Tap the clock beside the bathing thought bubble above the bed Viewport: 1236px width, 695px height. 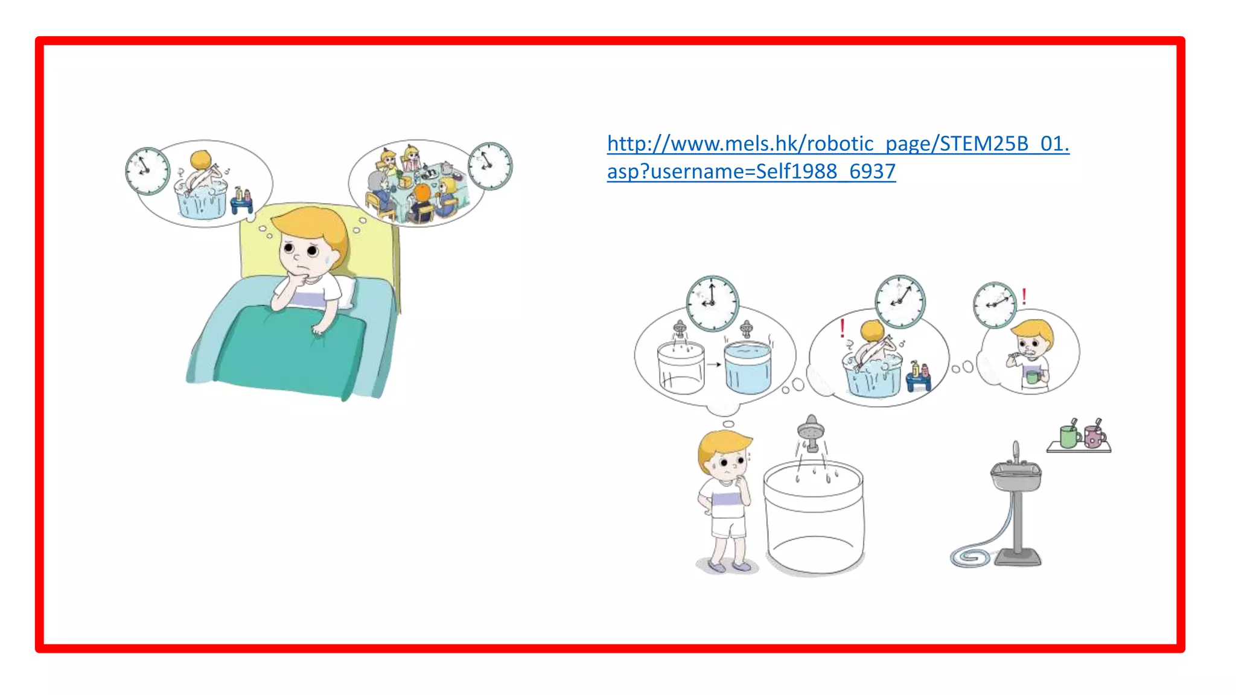pyautogui.click(x=147, y=171)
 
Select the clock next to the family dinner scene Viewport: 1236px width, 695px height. pyautogui.click(x=490, y=166)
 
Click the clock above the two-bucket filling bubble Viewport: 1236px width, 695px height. pyautogui.click(x=712, y=303)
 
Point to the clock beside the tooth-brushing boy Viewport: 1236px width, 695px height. pyautogui.click(x=995, y=305)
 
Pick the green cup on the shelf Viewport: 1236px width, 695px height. pyautogui.click(x=1069, y=436)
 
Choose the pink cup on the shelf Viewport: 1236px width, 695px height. pyautogui.click(x=1094, y=436)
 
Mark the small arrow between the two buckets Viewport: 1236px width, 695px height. pyautogui.click(x=714, y=364)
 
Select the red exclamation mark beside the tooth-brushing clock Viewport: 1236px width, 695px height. pyautogui.click(x=1024, y=296)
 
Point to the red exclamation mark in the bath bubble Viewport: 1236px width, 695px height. pyautogui.click(x=843, y=329)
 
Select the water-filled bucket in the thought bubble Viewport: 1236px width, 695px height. pyautogui.click(x=748, y=368)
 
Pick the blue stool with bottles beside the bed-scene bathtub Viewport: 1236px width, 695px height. pyautogui.click(x=241, y=202)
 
